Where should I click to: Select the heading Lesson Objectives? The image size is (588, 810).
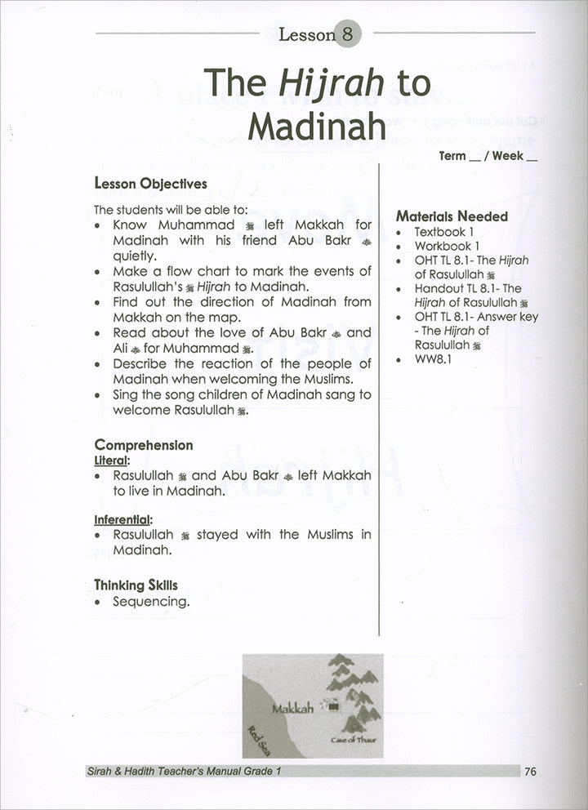pos(151,184)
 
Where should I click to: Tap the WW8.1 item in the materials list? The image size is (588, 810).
pos(433,358)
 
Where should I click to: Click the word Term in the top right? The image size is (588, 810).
pos(453,156)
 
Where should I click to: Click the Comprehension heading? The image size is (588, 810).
pos(144,445)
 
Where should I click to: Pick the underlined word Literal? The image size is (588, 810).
pos(113,460)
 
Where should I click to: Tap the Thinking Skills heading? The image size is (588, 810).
pos(136,585)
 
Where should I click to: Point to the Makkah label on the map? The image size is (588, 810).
pos(292,708)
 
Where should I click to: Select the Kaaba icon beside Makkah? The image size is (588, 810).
pos(332,706)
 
